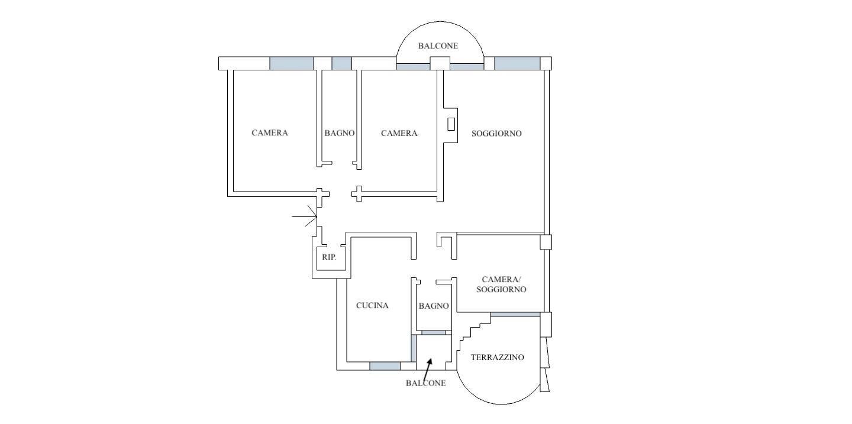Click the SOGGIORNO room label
point(496,134)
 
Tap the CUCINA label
point(372,305)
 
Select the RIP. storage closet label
point(329,257)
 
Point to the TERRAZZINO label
point(498,357)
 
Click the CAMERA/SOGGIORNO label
point(501,284)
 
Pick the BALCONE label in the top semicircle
point(438,46)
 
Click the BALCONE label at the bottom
point(425,383)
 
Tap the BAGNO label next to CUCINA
point(434,306)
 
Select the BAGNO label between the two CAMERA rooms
point(339,133)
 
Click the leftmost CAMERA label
point(270,132)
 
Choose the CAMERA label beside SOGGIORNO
point(399,133)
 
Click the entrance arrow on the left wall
point(304,216)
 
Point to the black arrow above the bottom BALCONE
point(428,367)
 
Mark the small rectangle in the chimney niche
point(451,124)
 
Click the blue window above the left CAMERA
point(292,63)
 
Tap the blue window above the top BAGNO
point(341,63)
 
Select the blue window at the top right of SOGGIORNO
point(517,63)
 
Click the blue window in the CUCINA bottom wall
point(385,366)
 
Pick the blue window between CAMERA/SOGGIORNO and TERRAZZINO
point(515,315)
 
